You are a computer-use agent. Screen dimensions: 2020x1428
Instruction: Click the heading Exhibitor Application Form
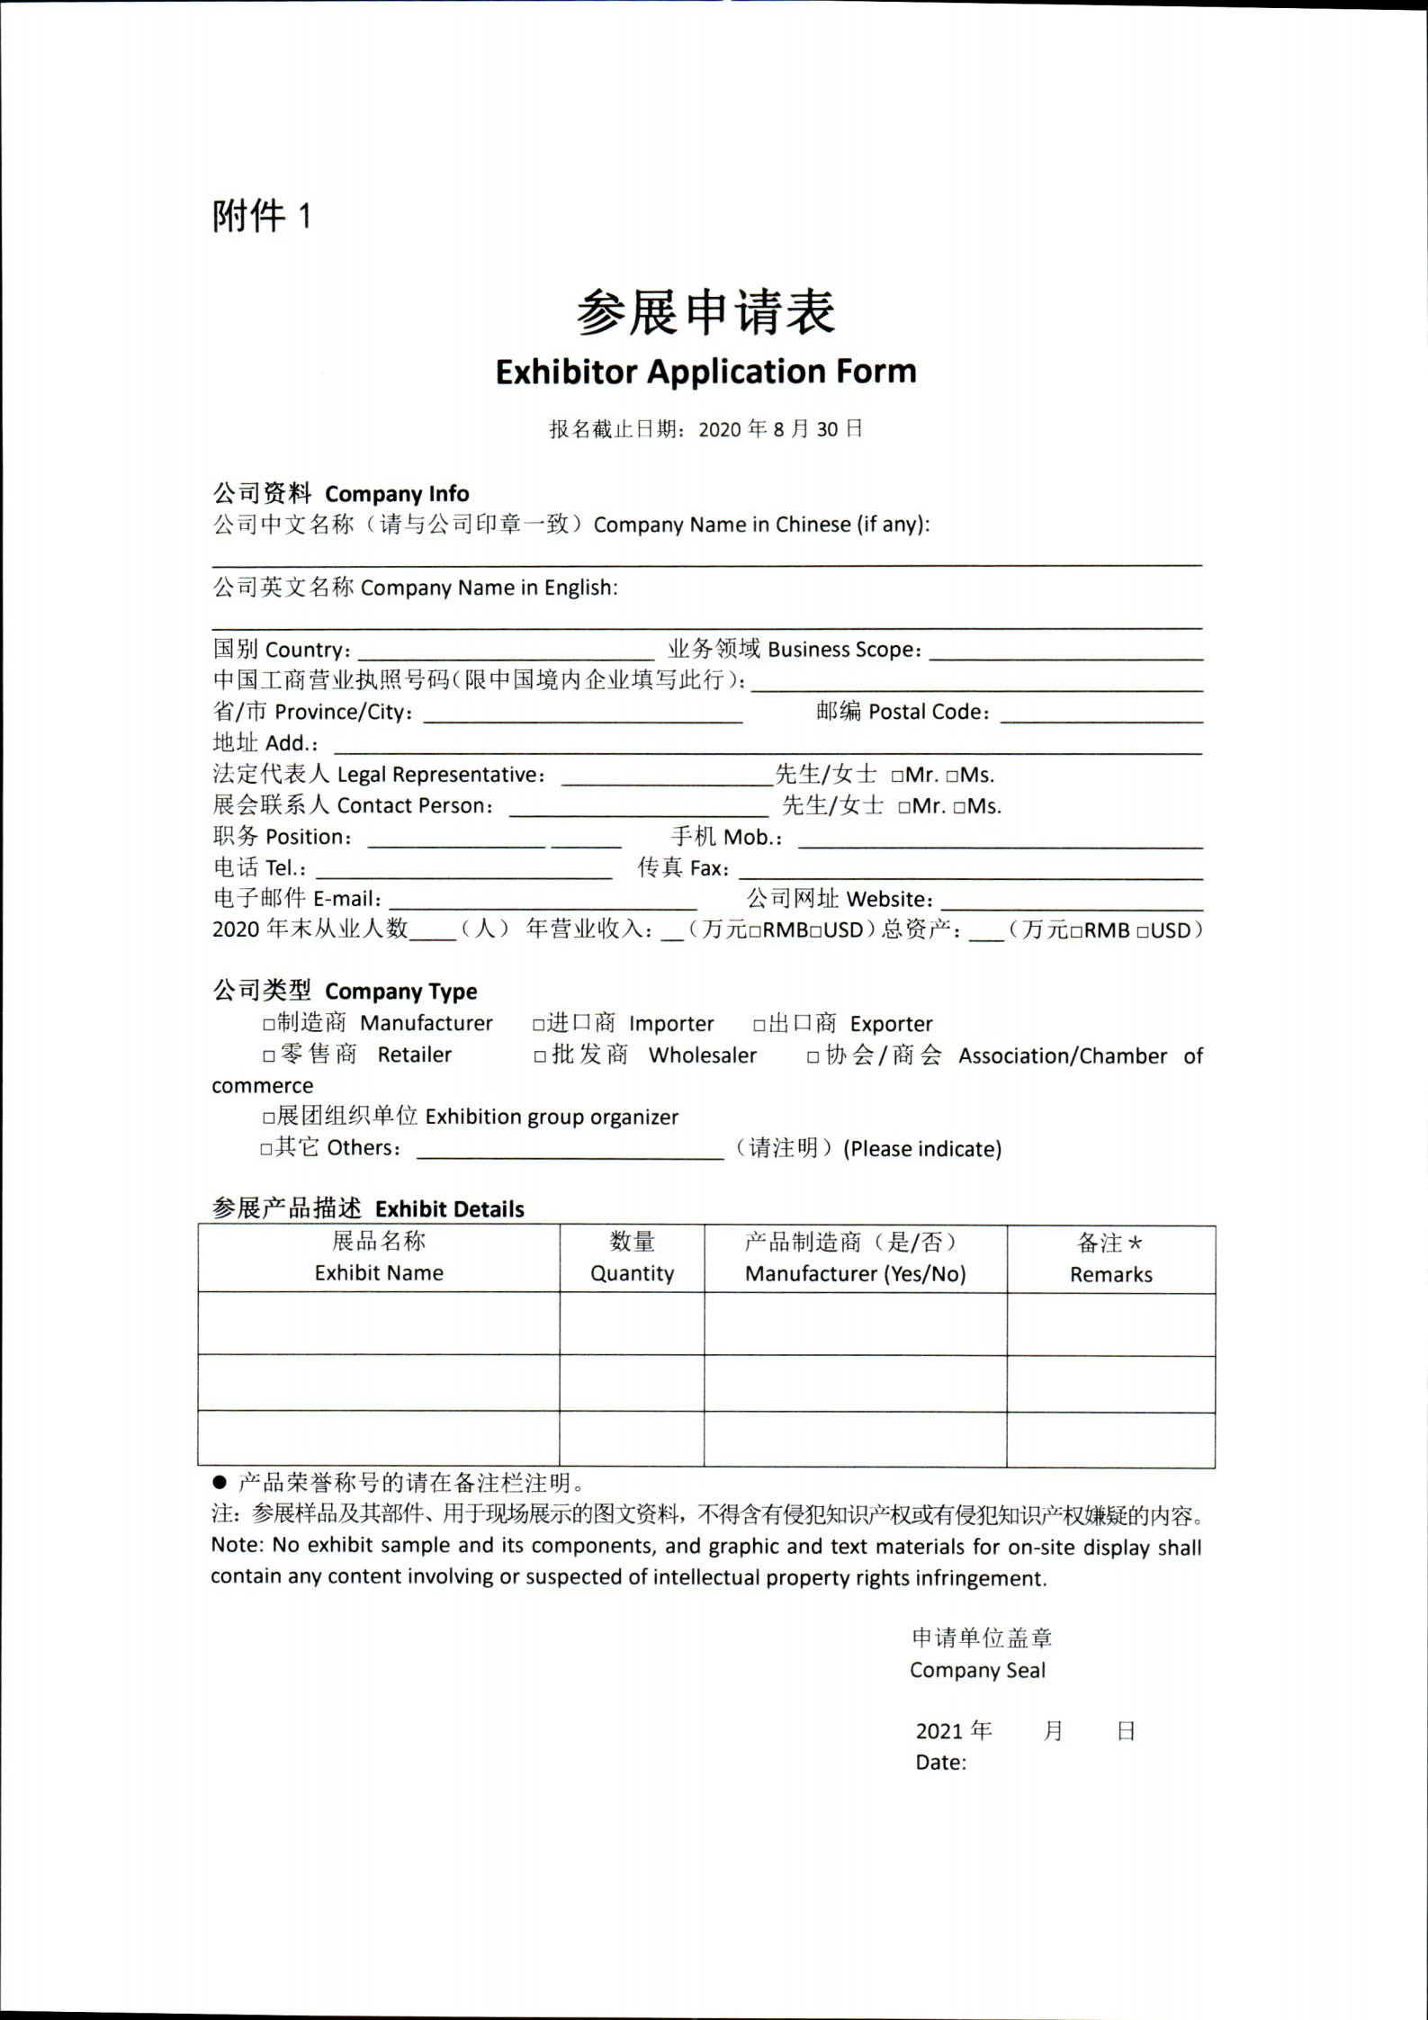click(x=705, y=372)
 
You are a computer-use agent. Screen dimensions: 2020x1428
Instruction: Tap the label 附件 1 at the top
click(x=261, y=216)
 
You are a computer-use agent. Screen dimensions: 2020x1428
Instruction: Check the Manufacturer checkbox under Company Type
click(x=268, y=1024)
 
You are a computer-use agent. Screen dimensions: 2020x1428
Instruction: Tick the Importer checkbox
click(x=538, y=1024)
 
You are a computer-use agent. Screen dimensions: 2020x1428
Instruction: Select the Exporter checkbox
click(x=759, y=1024)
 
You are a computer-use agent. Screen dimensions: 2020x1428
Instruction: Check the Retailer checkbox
click(x=269, y=1055)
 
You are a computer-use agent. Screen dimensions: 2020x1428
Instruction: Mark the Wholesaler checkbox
click(x=540, y=1056)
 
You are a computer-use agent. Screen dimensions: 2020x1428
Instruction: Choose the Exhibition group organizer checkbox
click(x=268, y=1118)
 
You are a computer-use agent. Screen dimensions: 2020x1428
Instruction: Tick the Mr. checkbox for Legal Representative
click(x=897, y=776)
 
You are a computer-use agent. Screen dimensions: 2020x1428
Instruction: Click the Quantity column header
click(x=632, y=1258)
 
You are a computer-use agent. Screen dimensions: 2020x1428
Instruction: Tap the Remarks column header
click(x=1110, y=1259)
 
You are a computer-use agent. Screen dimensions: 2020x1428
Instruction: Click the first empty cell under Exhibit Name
click(x=379, y=1324)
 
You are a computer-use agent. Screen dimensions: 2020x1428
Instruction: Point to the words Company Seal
click(x=977, y=1671)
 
